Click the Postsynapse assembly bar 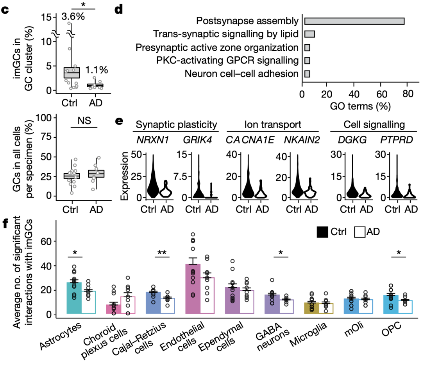point(354,21)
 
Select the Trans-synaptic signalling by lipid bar point(310,34)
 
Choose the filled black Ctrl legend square point(322,232)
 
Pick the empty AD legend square point(360,232)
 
